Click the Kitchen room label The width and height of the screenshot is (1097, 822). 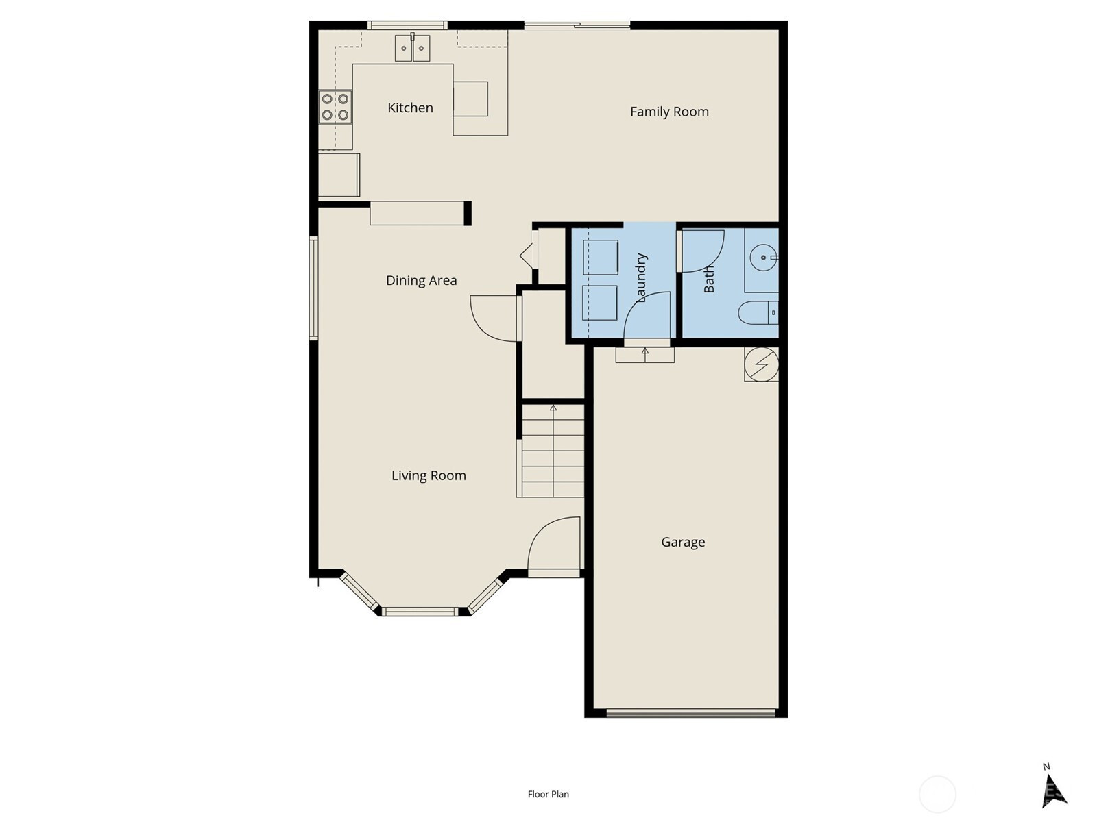(410, 108)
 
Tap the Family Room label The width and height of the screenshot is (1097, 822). (669, 112)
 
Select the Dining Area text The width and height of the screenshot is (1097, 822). (421, 280)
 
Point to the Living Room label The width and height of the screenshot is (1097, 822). (429, 475)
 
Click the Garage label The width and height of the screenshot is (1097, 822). (683, 542)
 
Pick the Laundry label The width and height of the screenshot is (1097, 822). (640, 277)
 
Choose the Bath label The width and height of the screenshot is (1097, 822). (709, 279)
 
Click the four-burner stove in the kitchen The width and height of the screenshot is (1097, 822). (335, 107)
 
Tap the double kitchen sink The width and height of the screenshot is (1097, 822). (412, 48)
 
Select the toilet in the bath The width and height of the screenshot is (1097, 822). (758, 313)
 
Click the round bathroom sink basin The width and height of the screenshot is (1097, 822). (764, 258)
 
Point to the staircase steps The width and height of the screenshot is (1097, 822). (553, 451)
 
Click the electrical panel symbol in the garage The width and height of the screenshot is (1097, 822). (761, 365)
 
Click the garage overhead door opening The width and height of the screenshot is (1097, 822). (690, 713)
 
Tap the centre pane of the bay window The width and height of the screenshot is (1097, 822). (419, 612)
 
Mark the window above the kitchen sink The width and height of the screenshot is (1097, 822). (407, 25)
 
